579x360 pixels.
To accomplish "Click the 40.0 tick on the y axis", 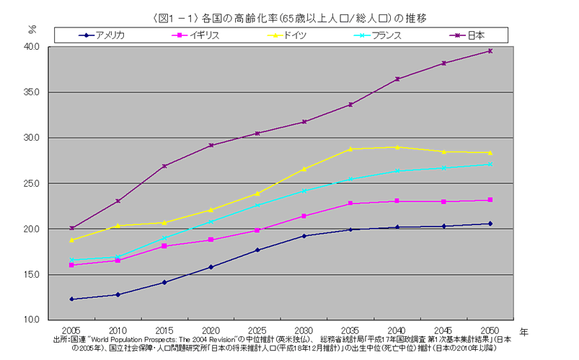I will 35,47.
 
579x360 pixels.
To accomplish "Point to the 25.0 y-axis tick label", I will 35,183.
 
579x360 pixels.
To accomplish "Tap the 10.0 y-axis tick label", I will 35,320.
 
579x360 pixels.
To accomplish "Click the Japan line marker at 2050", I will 490,51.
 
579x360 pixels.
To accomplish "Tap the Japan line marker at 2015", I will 164,166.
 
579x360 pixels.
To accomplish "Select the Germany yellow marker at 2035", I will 351,149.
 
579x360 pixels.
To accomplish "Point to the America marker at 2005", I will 71,299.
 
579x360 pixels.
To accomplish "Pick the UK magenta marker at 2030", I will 304,216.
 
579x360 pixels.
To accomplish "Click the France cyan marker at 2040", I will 397,170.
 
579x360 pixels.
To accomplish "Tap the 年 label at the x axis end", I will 523,330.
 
